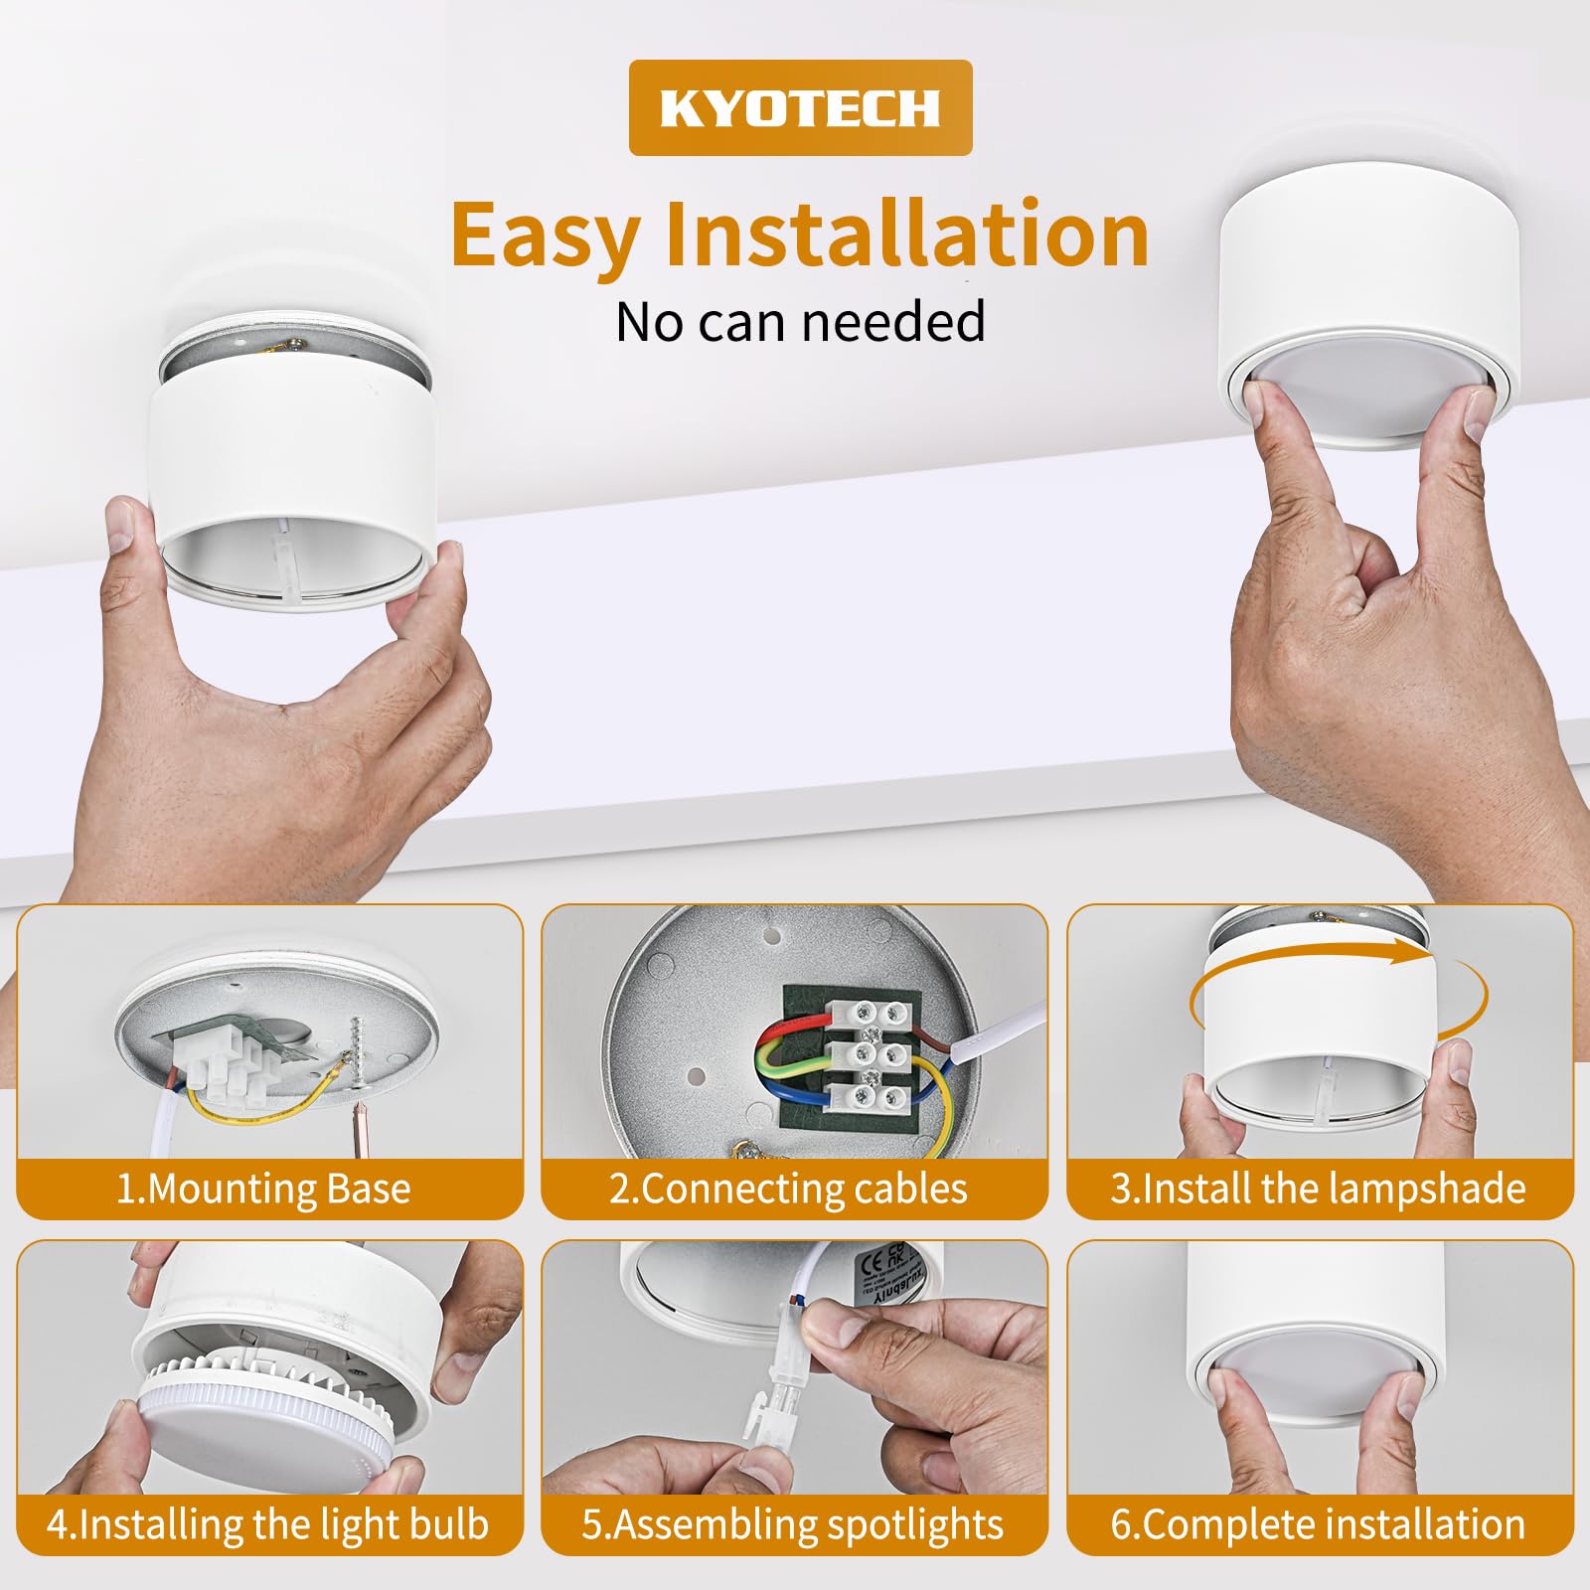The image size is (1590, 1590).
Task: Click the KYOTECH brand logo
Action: click(x=800, y=107)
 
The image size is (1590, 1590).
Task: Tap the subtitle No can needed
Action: click(x=800, y=322)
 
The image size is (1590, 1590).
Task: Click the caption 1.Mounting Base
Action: click(x=263, y=1189)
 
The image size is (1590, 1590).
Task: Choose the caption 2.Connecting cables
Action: click(x=788, y=1189)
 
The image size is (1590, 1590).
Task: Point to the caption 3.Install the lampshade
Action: click(x=1319, y=1189)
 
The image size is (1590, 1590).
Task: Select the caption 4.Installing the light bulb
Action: click(x=267, y=1524)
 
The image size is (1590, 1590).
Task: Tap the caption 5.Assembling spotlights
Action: click(x=793, y=1524)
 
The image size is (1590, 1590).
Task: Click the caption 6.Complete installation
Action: click(x=1319, y=1524)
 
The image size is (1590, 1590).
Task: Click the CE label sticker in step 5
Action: click(x=883, y=1274)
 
